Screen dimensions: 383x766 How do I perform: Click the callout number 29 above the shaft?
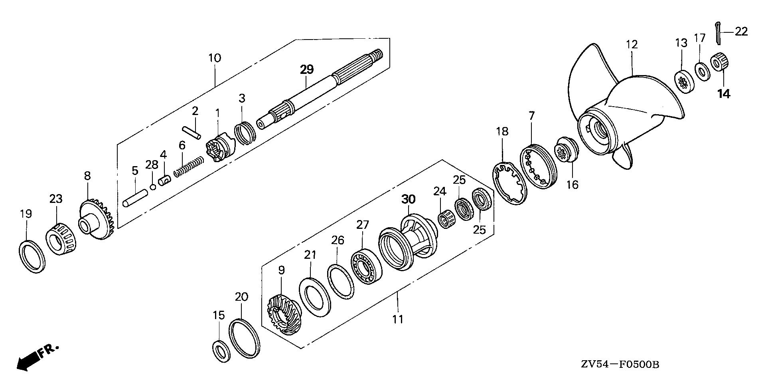(307, 69)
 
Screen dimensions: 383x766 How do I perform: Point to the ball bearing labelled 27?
(367, 267)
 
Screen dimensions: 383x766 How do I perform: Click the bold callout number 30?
(408, 199)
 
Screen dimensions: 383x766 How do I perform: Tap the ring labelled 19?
(32, 256)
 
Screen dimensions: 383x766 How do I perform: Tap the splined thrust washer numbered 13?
(683, 81)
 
